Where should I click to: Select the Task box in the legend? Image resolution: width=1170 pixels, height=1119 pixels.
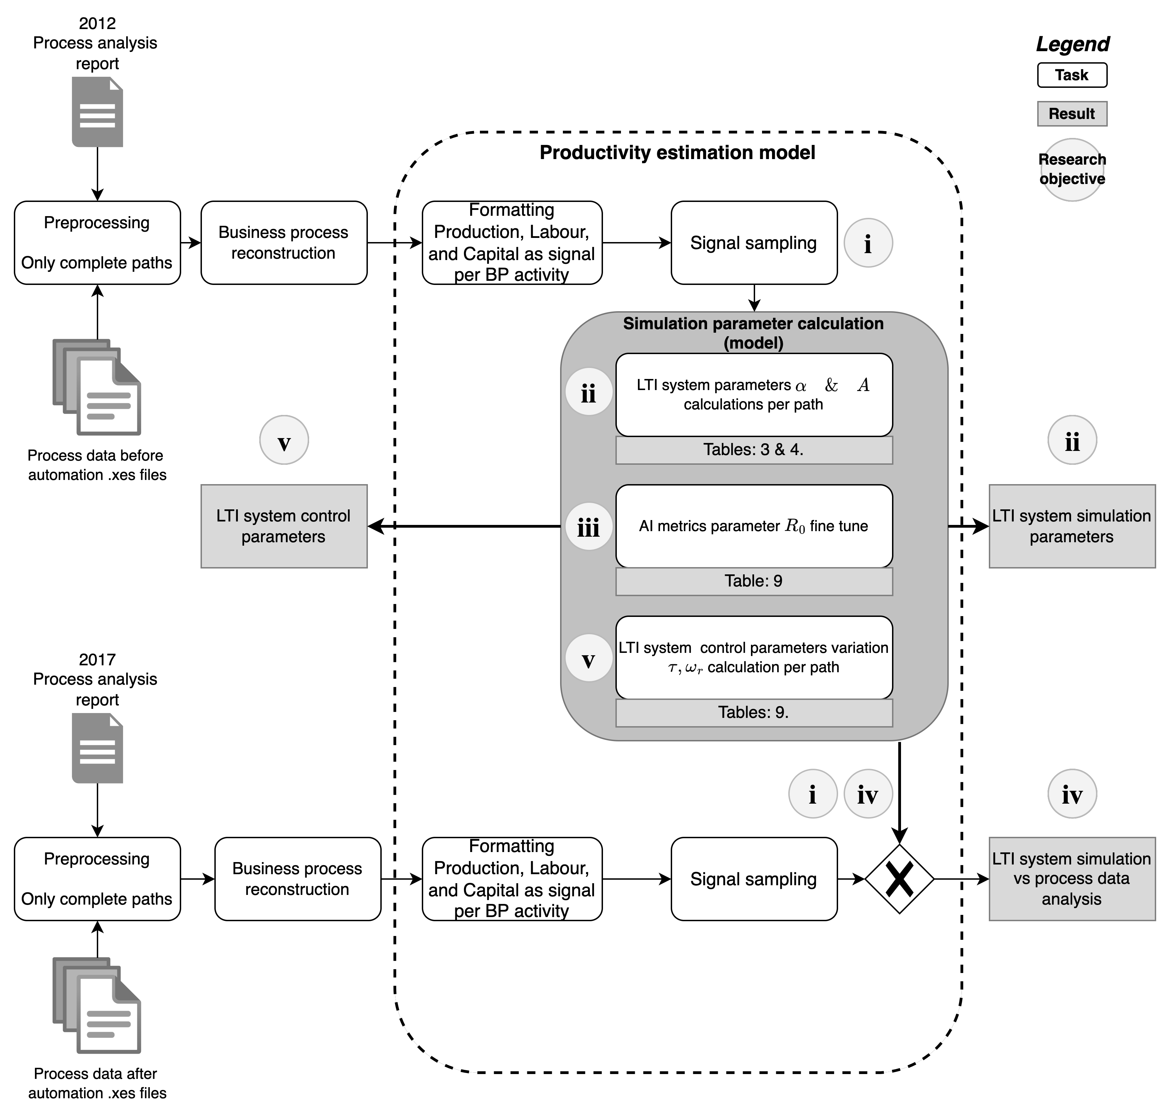1071,75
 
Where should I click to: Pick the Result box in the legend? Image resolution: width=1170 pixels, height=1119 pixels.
1071,113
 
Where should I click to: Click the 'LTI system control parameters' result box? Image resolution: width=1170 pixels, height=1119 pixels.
284,526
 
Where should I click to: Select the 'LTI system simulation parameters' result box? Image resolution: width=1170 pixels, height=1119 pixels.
1071,526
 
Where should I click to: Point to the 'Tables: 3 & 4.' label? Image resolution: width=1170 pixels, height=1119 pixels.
754,450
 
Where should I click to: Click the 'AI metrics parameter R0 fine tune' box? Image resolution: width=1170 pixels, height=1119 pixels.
754,526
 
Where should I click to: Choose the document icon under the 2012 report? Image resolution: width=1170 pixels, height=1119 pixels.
97,112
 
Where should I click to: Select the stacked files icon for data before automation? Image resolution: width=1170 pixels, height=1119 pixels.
96,387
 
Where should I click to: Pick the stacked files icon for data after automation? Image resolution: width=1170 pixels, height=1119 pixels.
96,1005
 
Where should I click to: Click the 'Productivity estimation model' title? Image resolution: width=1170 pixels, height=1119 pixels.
677,153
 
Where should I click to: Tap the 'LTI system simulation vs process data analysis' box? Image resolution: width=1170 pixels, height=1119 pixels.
1071,879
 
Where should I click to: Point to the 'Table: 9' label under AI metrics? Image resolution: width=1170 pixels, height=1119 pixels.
754,581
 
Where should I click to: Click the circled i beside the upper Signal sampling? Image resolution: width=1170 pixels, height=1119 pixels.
868,243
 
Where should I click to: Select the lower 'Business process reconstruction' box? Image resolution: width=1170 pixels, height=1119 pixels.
298,879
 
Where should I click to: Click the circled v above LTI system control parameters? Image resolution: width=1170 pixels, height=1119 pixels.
284,440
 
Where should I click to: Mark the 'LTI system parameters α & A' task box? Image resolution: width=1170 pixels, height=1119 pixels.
754,395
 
